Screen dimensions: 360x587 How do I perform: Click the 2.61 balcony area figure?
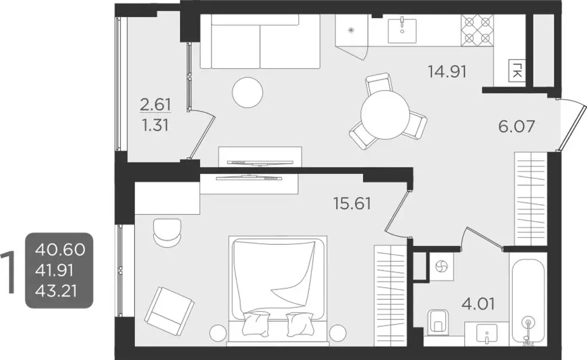pos(155,104)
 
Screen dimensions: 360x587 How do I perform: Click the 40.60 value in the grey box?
pos(60,249)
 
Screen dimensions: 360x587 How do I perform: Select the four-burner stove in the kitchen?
pos(478,30)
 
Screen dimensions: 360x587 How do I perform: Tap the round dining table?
pos(385,115)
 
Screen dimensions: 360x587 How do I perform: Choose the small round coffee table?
pos(248,91)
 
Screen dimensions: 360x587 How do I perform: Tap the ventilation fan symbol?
pos(442,267)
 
